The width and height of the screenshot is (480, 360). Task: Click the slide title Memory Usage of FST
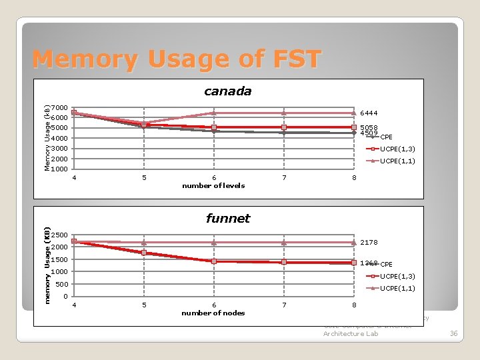[x=177, y=59]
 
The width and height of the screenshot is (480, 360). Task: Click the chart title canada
[x=227, y=91]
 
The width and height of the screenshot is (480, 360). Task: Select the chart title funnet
[x=227, y=218]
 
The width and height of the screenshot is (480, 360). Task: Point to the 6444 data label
[x=369, y=113]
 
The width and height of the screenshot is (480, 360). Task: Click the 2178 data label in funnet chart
[x=369, y=243]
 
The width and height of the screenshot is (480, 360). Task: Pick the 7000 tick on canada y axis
[x=59, y=108]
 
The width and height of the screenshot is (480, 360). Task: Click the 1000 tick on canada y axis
[x=59, y=169]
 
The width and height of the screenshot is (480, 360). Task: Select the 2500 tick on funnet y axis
[x=59, y=235]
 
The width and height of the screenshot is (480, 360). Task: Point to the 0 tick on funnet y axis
[x=65, y=297]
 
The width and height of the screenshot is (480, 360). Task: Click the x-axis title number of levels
[x=213, y=185]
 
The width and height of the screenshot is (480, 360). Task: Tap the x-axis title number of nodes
[x=213, y=313]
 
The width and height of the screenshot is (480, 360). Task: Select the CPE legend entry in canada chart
[x=386, y=137]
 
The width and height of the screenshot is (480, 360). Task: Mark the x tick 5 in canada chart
[x=144, y=178]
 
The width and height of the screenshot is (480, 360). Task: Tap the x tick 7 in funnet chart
[x=285, y=305]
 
